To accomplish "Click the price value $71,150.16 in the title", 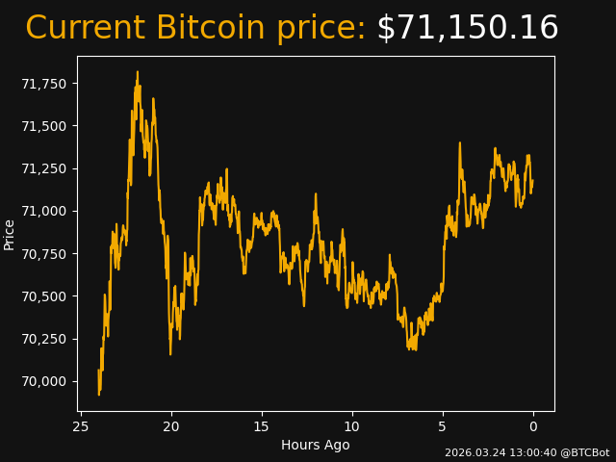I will coord(467,29).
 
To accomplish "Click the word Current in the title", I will coord(86,29).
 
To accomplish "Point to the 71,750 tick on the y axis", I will coord(44,84).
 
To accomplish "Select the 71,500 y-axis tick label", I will coord(44,126).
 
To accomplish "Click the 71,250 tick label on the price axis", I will coord(44,168).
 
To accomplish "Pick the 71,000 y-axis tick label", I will coord(44,211).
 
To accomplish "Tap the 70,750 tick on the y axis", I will coord(44,254).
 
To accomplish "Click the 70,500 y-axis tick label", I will coord(44,296).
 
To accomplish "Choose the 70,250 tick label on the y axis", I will coord(44,339).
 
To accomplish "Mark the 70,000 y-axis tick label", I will coord(44,381).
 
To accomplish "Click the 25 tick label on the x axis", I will coord(81,426).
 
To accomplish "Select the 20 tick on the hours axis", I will coord(171,426).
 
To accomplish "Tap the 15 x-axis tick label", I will coord(262,426).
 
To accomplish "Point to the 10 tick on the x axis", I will coord(352,426).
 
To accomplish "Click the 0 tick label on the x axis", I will coord(533,426).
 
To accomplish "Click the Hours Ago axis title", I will coord(315,445).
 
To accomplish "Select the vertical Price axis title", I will coord(10,234).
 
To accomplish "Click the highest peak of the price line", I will coord(137,71).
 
